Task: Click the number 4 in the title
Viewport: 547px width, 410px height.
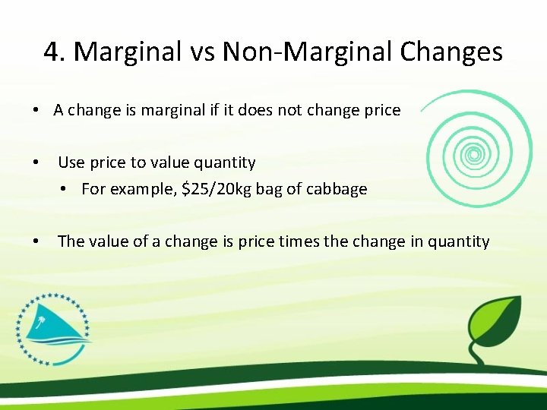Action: coord(52,52)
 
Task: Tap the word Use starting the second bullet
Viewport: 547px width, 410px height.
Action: coord(71,162)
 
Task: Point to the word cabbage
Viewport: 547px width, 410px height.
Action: coord(339,189)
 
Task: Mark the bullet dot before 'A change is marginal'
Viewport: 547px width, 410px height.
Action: coord(36,111)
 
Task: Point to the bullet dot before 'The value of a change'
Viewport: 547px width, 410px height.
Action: coord(36,242)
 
